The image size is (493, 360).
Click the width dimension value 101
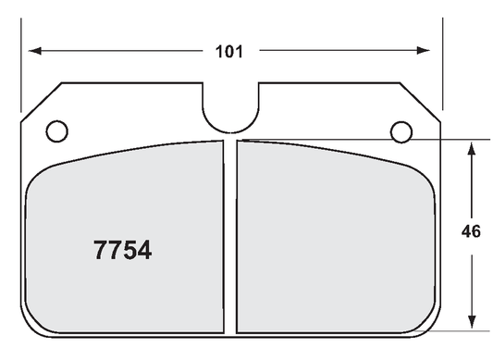(x=229, y=52)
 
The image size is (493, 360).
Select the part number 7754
(x=123, y=251)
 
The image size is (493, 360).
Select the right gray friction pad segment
(x=333, y=241)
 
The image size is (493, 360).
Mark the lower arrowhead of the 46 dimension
(x=472, y=323)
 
